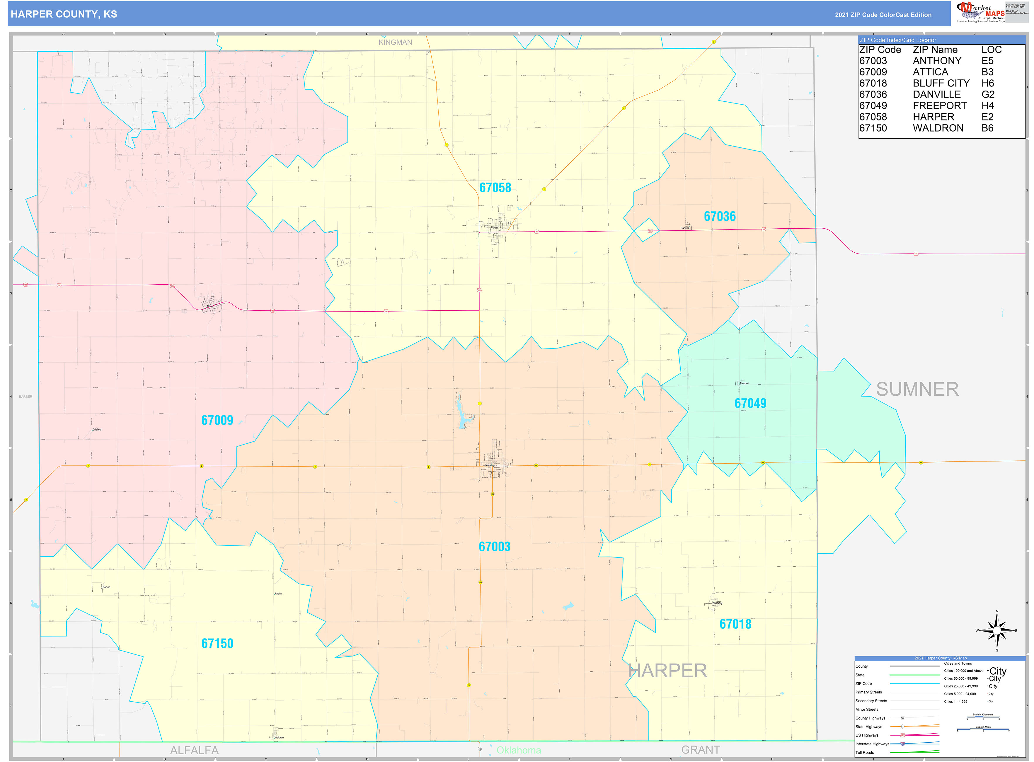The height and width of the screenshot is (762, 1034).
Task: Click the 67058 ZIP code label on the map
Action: pos(495,188)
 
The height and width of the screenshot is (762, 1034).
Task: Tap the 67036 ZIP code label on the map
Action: pos(720,216)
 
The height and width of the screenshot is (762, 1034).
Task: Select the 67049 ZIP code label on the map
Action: pos(750,404)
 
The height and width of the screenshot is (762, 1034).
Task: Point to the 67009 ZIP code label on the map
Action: pos(217,420)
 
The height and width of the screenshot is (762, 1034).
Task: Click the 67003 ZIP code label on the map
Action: pos(494,547)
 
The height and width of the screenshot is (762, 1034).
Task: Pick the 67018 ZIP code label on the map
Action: pos(735,624)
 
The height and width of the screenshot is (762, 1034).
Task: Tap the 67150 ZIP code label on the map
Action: pos(217,644)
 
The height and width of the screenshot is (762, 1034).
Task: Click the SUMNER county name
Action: pos(917,389)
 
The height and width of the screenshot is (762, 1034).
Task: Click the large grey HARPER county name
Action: pos(667,671)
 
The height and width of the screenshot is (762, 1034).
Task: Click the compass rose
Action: pos(997,630)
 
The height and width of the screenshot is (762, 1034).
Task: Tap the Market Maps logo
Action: pos(980,12)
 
